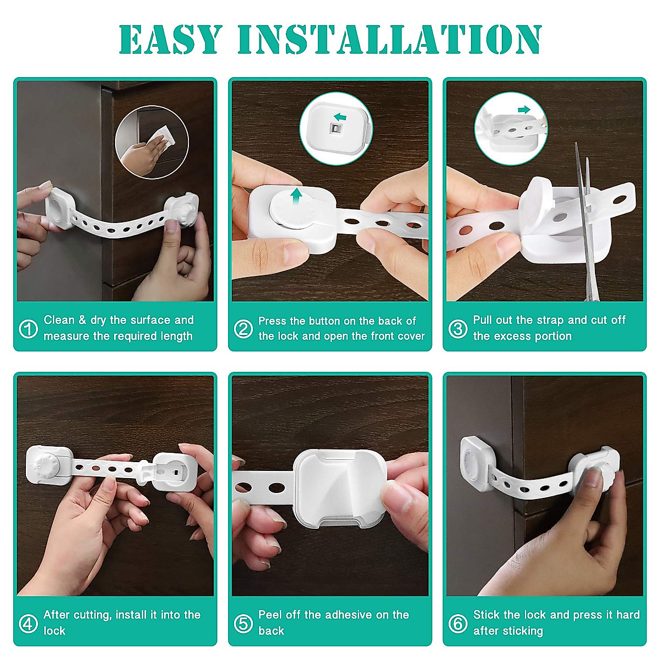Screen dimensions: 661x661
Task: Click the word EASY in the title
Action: click(x=170, y=40)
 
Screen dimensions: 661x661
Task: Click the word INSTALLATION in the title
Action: click(x=389, y=40)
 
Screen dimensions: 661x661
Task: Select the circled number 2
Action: click(x=243, y=329)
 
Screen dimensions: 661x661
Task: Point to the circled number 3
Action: click(x=458, y=329)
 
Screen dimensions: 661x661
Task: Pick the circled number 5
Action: click(x=243, y=623)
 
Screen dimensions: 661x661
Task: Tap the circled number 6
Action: click(x=458, y=623)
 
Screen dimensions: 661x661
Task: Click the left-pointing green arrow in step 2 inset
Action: click(x=340, y=117)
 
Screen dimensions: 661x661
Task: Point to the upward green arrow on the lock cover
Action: click(x=296, y=198)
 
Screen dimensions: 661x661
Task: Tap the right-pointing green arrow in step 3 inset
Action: click(x=524, y=110)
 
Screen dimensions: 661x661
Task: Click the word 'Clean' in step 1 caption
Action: click(x=59, y=320)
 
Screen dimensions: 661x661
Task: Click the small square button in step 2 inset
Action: click(x=334, y=129)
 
